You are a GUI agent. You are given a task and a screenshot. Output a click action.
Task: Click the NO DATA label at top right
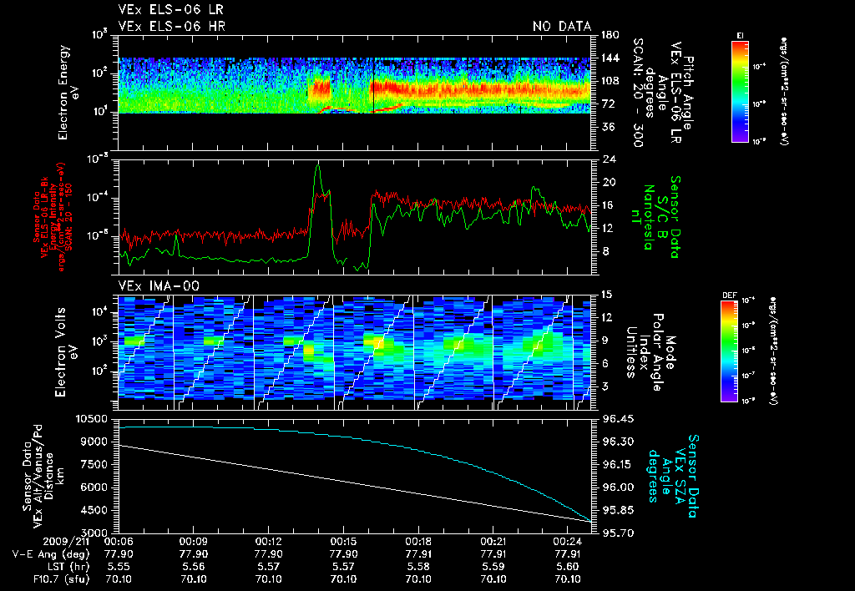pyautogui.click(x=562, y=27)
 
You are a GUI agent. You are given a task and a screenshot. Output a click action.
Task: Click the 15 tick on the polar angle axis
pyautogui.click(x=603, y=295)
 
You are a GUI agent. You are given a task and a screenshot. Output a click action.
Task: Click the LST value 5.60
pyautogui.click(x=568, y=565)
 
